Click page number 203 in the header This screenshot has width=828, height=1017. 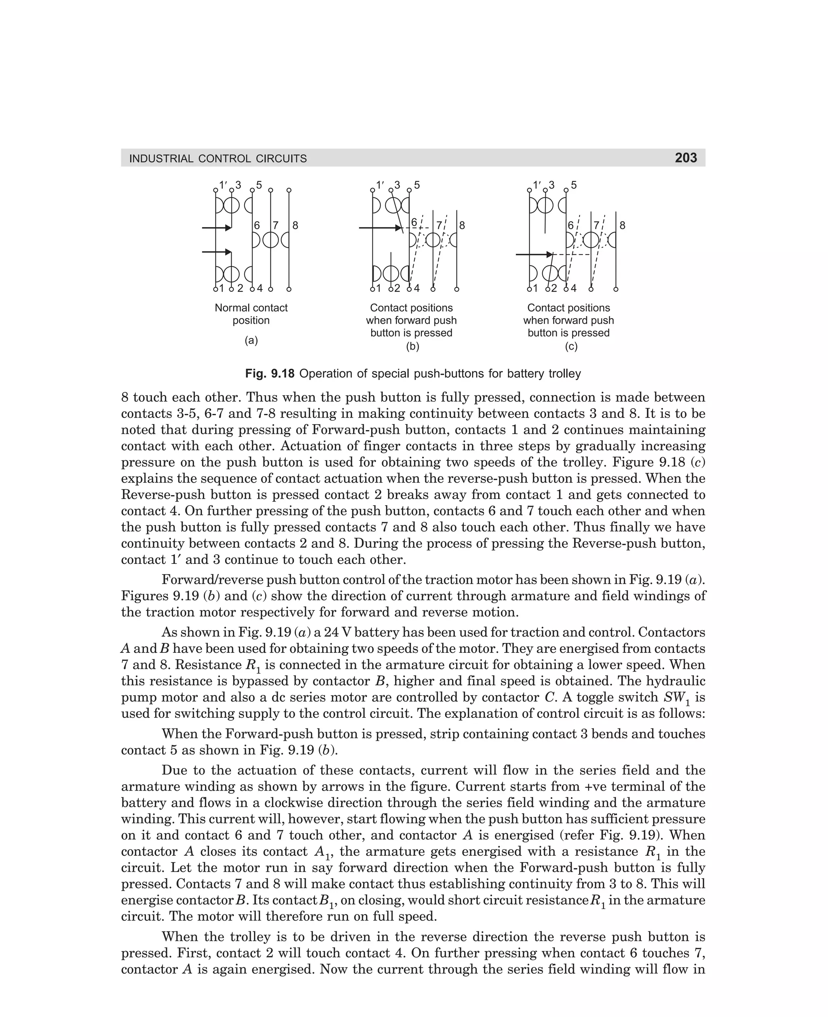685,158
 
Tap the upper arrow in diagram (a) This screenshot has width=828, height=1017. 217,228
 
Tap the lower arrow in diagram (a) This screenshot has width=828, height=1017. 217,251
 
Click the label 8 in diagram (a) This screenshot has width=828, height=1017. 295,225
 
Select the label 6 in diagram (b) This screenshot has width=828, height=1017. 414,223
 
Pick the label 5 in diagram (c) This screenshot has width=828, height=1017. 574,185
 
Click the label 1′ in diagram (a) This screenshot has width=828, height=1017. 223,184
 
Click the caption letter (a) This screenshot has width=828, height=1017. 251,340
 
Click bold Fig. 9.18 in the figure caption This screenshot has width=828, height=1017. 270,373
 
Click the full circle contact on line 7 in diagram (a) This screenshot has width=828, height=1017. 270,240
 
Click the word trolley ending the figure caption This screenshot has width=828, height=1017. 565,373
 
